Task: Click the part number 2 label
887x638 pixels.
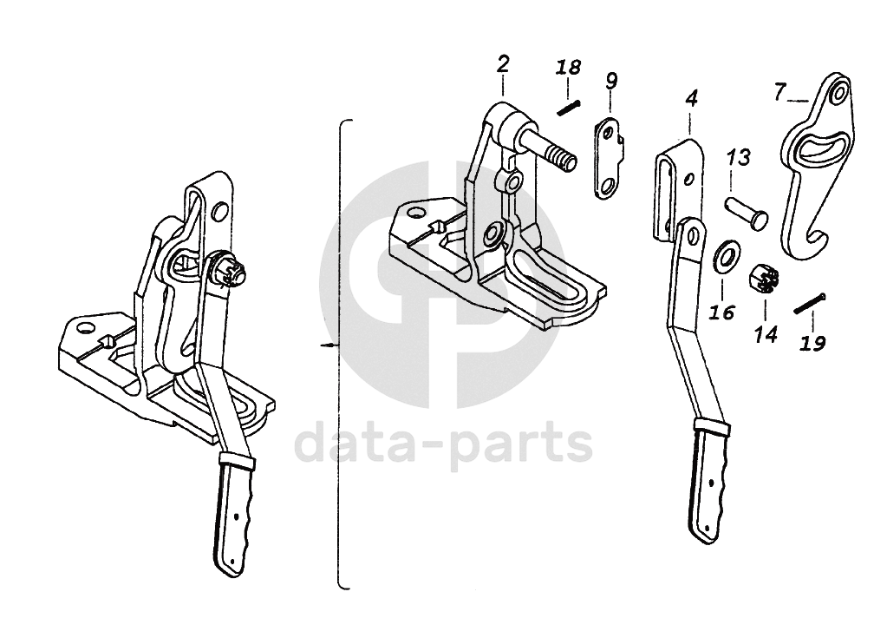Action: coord(504,63)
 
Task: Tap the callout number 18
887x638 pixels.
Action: coord(568,68)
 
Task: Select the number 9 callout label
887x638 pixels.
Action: coord(612,81)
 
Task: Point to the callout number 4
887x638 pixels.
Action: coord(690,98)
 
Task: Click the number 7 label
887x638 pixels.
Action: coord(779,90)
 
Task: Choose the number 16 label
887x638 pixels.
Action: coord(721,312)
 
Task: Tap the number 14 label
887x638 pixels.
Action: coord(766,334)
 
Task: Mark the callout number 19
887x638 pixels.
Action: coord(812,343)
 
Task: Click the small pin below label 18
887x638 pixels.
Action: coord(568,107)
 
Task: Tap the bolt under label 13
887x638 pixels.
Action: coord(747,214)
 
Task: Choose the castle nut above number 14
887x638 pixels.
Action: coord(763,279)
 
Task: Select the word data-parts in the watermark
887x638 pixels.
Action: coord(443,444)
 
